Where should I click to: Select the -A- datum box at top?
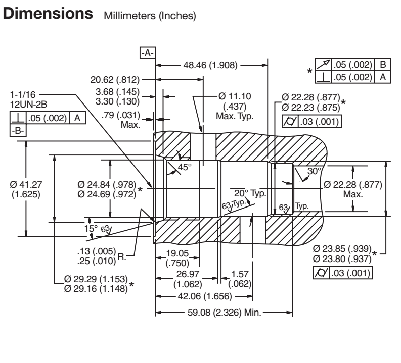click(x=149, y=52)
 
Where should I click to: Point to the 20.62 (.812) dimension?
click(x=115, y=79)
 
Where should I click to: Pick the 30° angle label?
click(x=314, y=171)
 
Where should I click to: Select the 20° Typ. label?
click(x=246, y=192)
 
